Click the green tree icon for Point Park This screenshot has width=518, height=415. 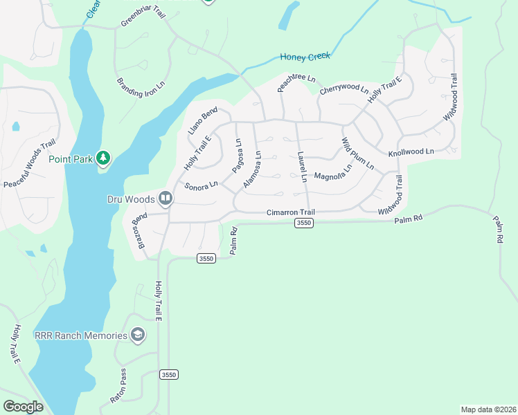click(x=103, y=158)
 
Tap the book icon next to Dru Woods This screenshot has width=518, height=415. click(x=166, y=199)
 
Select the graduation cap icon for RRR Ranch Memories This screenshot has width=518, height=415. click(x=138, y=335)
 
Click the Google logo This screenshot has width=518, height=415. click(x=23, y=406)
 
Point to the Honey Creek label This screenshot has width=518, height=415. click(x=305, y=56)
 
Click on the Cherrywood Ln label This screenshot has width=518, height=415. click(x=343, y=89)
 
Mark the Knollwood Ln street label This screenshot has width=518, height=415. click(x=411, y=151)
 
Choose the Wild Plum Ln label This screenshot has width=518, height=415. click(x=357, y=154)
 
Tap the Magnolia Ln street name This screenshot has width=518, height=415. click(x=333, y=176)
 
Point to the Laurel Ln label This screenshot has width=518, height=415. click(x=302, y=167)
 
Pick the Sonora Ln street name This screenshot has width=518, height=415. click(x=202, y=186)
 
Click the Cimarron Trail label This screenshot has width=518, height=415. click(x=291, y=212)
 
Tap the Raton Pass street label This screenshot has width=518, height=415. click(x=118, y=389)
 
